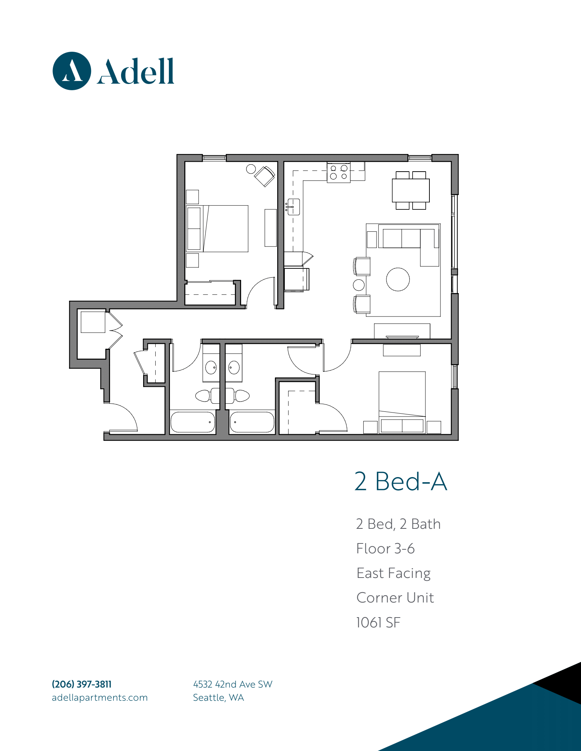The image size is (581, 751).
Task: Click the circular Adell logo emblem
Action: click(72, 71)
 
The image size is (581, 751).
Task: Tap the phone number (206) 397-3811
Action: click(81, 684)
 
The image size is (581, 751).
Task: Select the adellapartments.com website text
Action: click(100, 697)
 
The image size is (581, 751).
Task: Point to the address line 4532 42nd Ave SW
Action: click(233, 684)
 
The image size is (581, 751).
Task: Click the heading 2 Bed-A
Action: click(401, 481)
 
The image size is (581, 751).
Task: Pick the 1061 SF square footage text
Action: click(378, 622)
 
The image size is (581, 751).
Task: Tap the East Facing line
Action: click(393, 574)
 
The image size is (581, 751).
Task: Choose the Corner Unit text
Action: click(395, 598)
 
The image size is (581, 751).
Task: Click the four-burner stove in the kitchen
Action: click(338, 172)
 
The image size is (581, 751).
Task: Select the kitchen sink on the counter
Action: click(293, 207)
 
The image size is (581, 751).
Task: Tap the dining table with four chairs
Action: click(411, 190)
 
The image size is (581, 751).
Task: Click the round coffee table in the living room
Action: click(398, 279)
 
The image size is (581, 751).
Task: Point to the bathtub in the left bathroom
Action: click(193, 422)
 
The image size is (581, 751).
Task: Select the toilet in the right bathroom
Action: click(237, 396)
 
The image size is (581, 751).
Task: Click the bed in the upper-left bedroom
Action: click(217, 228)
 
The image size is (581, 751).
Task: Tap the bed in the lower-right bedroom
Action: click(402, 402)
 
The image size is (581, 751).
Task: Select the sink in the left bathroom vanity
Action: click(211, 367)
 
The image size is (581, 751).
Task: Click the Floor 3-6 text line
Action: click(385, 549)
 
